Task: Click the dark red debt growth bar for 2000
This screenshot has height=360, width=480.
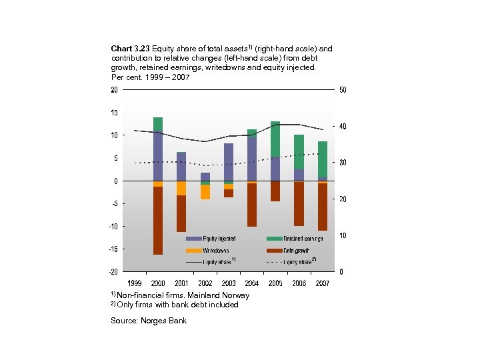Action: pos(158,220)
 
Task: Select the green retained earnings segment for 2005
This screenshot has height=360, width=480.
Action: pos(275,139)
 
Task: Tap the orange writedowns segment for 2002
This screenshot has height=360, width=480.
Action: pos(205,192)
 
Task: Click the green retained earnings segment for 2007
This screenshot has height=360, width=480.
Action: pos(323,159)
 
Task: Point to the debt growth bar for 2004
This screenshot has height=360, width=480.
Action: pos(252,205)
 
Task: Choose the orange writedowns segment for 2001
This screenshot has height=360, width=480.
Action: pos(181,188)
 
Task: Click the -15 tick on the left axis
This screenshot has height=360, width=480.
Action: pos(115,249)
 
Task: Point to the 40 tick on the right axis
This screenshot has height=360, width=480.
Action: pos(343,127)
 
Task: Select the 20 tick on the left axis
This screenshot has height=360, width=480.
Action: pos(115,89)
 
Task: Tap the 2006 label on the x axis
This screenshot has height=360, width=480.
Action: pos(299,283)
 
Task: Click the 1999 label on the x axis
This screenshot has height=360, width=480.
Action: pos(134,283)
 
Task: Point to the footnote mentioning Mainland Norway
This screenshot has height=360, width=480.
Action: pos(180,295)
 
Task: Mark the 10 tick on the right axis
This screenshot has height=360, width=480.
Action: pos(343,236)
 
